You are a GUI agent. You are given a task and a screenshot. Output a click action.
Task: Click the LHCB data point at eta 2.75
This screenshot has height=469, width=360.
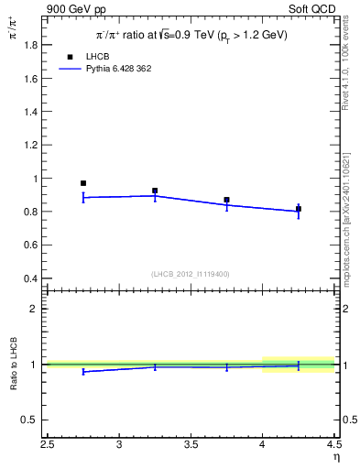tap(83, 183)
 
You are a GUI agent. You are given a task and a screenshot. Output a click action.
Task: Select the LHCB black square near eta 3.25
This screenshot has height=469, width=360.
tap(155, 191)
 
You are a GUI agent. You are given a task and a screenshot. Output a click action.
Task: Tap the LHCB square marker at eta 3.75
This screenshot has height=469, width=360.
tap(226, 200)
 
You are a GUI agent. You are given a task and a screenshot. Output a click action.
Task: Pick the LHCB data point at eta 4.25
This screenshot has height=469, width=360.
tap(298, 209)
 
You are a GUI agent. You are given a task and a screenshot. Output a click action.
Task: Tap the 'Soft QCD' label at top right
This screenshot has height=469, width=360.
tap(313, 9)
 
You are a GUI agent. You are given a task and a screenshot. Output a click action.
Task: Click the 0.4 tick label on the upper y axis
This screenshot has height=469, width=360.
tap(32, 278)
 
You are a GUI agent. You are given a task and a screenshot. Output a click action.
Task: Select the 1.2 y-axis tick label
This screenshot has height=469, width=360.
tap(32, 145)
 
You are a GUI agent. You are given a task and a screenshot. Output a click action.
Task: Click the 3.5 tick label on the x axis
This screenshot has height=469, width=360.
tap(191, 446)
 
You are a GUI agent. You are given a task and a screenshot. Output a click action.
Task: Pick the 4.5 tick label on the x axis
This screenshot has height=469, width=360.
tap(333, 446)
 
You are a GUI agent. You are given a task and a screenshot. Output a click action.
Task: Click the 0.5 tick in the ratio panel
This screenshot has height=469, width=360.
tap(32, 420)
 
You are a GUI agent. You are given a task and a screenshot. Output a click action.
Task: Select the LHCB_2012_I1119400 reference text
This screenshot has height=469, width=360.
tap(191, 274)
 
